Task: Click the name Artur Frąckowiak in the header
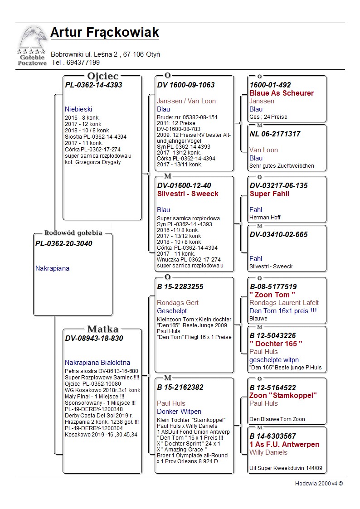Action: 105,33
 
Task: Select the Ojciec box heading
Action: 103,76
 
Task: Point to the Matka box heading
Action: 103,330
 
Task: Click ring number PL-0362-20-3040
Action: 64,244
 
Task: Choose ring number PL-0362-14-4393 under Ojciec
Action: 94,85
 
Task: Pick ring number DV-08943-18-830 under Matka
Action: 94,339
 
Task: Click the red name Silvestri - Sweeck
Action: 188,194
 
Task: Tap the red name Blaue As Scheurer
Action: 282,93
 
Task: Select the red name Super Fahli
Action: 269,194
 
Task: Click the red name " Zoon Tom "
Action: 276,295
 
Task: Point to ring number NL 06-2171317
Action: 275,134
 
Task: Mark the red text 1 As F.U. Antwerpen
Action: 284,444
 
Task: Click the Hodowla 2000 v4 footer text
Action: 319,484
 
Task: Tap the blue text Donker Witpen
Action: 179,412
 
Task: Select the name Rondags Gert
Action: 178,303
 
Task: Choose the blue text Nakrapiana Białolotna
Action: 97,363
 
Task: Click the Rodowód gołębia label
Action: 73,233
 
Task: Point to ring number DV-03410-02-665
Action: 278,234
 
